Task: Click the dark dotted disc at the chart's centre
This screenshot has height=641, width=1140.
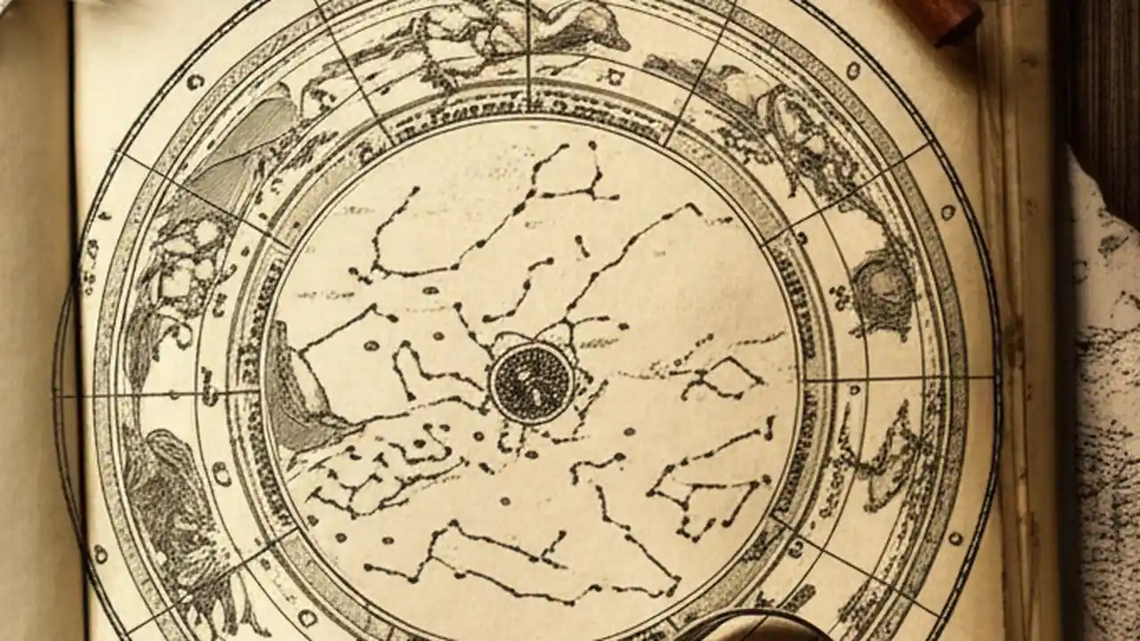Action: [x=532, y=384]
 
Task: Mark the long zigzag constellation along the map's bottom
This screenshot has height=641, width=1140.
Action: [x=525, y=561]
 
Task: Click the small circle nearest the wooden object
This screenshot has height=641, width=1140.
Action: [x=852, y=69]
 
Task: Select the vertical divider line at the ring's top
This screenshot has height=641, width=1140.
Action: [x=529, y=53]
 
